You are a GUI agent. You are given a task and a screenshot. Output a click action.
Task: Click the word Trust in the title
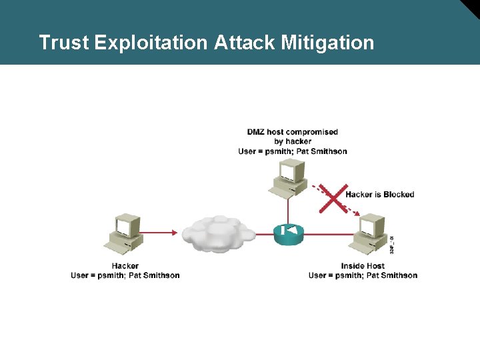[63, 43]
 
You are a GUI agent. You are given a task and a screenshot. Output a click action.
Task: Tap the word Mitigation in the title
[327, 43]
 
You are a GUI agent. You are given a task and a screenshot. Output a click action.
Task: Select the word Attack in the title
[245, 43]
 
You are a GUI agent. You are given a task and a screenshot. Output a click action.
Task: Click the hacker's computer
[125, 233]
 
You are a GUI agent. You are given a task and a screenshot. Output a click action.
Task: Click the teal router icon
[289, 232]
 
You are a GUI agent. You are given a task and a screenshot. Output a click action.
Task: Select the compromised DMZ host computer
[288, 179]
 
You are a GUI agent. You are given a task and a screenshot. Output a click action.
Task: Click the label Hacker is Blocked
[380, 195]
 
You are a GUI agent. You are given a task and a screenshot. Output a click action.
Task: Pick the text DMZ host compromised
[293, 132]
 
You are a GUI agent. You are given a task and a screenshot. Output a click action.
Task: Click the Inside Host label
[363, 266]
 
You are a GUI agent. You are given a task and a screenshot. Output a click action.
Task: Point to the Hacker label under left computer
[125, 266]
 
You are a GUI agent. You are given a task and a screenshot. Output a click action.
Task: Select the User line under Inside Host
[363, 275]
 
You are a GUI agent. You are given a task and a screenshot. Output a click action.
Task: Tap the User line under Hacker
[125, 275]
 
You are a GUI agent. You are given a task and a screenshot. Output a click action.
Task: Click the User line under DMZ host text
[293, 151]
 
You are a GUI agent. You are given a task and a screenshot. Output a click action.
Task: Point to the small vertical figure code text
[392, 243]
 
